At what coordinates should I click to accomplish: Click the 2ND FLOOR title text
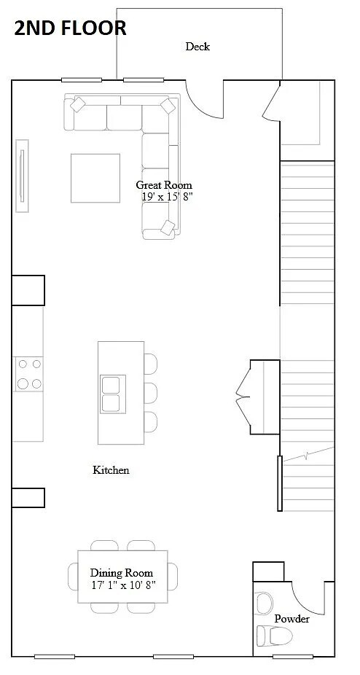coord(70,28)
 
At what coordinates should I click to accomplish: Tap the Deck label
coord(197,47)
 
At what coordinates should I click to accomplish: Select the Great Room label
coord(164,185)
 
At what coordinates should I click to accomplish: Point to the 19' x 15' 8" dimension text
coord(167,196)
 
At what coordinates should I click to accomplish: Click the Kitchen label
coord(111,470)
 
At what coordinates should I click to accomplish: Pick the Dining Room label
coord(122,573)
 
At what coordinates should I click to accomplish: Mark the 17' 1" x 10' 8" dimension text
coord(122,584)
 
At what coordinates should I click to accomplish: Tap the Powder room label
coord(291,619)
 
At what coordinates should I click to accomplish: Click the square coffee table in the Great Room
coord(95,178)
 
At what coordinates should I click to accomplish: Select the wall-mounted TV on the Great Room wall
coord(23,175)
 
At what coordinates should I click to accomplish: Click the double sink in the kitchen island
coord(112,394)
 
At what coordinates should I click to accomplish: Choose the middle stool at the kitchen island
coord(150,392)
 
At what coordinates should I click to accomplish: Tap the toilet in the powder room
coord(275,636)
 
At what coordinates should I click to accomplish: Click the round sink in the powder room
coord(264,603)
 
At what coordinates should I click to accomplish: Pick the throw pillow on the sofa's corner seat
coord(168,106)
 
